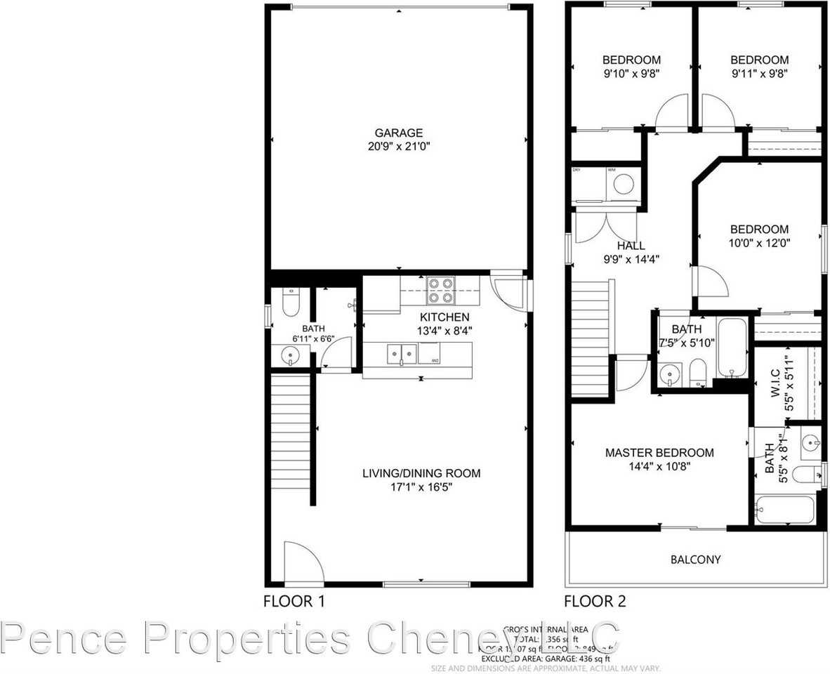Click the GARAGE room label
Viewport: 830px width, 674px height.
tap(398, 133)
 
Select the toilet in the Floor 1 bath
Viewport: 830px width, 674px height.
tap(290, 304)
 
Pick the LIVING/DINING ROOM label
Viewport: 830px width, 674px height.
tap(421, 473)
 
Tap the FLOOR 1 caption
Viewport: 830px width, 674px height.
tap(294, 601)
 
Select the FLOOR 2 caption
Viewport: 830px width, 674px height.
tap(595, 601)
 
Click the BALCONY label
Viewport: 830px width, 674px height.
tap(695, 560)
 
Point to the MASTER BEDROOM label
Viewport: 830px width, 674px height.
tap(659, 453)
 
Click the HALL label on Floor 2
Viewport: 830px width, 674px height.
tap(631, 246)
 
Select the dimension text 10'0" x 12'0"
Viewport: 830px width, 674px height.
tap(759, 242)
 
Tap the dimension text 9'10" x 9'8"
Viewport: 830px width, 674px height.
tap(631, 73)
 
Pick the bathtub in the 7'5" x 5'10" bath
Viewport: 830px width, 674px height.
tap(734, 348)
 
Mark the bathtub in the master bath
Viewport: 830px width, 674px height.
tap(784, 510)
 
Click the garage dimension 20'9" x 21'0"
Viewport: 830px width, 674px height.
tap(398, 146)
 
